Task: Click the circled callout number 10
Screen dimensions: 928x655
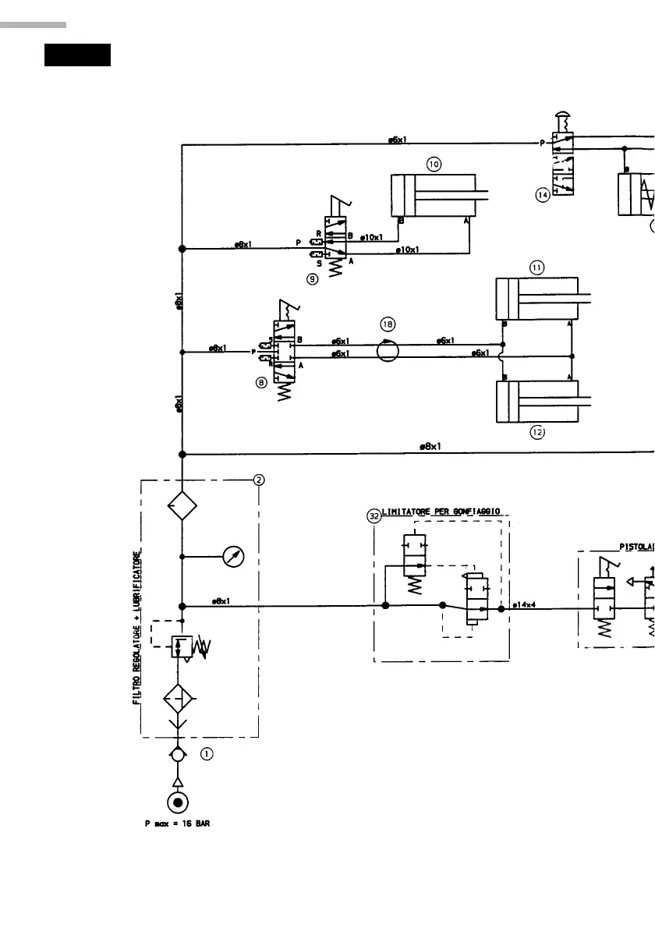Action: pyautogui.click(x=434, y=163)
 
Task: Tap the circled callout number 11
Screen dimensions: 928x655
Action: pyautogui.click(x=536, y=267)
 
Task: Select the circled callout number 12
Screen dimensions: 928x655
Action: pyautogui.click(x=537, y=431)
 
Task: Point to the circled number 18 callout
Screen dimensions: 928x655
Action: pyautogui.click(x=388, y=322)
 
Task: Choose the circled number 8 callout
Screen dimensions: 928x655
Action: pyautogui.click(x=261, y=383)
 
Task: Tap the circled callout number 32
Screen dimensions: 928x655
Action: pyautogui.click(x=374, y=515)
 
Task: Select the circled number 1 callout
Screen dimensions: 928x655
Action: pyautogui.click(x=206, y=754)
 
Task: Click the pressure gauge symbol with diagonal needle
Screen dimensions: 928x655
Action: pyautogui.click(x=233, y=557)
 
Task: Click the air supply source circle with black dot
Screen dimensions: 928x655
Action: pyautogui.click(x=179, y=802)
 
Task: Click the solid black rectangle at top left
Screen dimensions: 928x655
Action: pyautogui.click(x=77, y=55)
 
